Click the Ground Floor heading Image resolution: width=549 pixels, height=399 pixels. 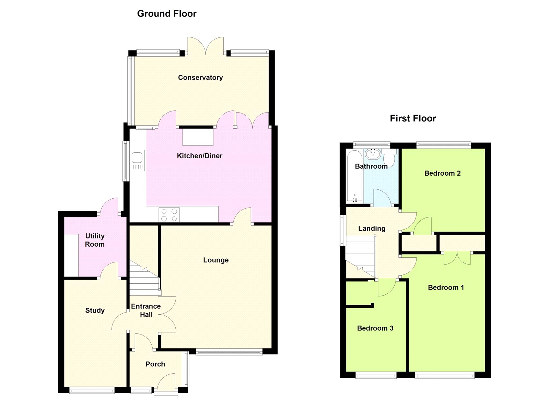click(x=167, y=14)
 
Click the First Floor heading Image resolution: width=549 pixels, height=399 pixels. click(x=413, y=118)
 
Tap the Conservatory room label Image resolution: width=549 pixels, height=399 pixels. click(x=200, y=78)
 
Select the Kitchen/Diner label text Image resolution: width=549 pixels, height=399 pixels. click(x=199, y=156)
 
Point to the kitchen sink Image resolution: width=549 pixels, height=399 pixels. click(x=137, y=161)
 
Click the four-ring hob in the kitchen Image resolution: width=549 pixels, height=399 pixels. click(x=169, y=215)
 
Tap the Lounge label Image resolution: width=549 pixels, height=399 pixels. click(x=216, y=260)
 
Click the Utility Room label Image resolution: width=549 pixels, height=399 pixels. click(x=95, y=240)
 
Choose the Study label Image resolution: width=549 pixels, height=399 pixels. click(x=95, y=310)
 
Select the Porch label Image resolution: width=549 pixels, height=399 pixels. click(x=155, y=364)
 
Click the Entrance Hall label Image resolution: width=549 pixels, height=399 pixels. click(x=146, y=310)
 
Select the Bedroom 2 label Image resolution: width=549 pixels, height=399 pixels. click(x=442, y=174)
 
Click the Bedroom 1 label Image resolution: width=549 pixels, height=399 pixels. click(x=446, y=287)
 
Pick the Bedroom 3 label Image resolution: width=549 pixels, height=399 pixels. click(x=375, y=328)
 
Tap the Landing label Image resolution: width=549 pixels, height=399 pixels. click(x=372, y=229)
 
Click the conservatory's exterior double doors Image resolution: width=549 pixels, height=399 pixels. click(x=206, y=46)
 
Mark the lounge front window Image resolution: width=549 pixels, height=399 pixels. click(x=229, y=353)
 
